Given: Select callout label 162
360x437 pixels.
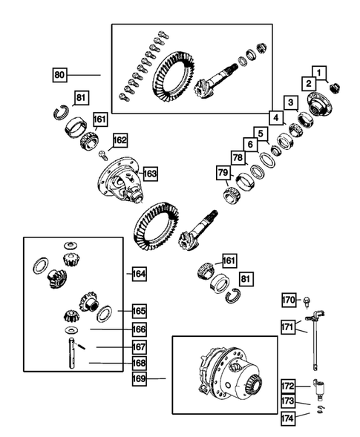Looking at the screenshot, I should coord(120,139).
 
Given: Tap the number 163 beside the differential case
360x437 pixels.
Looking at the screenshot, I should coord(150,173).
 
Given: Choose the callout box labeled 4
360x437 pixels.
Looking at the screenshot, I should coord(274,117).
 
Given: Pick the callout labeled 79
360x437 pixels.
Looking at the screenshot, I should coord(222,174).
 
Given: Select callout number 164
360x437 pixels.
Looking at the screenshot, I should coord(139,274).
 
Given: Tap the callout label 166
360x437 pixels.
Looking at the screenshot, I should coord(139,329).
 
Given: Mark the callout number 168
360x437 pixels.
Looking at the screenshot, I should coord(139,363).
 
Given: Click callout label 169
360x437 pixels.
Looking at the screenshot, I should coord(139,378).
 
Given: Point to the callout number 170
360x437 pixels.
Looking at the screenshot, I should coord(289,300).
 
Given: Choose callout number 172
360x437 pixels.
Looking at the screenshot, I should coord(289,386).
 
